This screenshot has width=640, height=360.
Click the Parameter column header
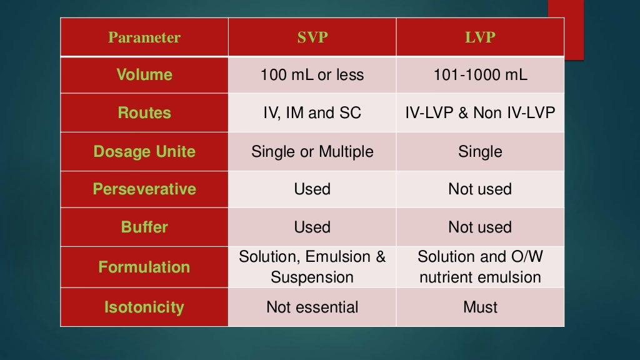[144, 37]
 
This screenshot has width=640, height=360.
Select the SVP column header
[312, 37]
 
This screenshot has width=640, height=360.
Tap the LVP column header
[480, 37]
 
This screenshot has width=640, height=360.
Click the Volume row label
[144, 75]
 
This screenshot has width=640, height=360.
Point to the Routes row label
[144, 113]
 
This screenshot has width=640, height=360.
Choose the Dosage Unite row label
[144, 151]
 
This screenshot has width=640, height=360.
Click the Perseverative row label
[144, 189]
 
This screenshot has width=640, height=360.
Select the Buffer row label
[144, 227]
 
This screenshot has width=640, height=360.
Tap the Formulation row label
[144, 267]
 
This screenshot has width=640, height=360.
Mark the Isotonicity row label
[144, 307]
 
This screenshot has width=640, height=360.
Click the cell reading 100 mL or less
[312, 75]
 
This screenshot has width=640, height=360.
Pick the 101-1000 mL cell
[480, 75]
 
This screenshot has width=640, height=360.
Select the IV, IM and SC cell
[312, 113]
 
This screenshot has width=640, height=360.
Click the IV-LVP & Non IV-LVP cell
[480, 113]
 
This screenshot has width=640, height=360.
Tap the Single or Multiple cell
[312, 151]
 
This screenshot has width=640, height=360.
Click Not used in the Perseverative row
[480, 189]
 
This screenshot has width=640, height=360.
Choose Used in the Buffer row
[312, 227]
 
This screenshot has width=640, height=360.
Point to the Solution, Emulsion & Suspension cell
[312, 267]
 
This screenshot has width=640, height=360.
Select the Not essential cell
[312, 307]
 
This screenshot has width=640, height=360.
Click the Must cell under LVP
[480, 307]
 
